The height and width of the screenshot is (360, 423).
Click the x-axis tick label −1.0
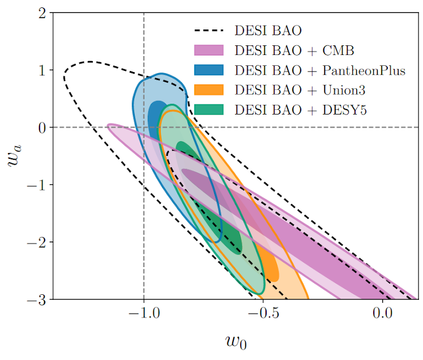[x=144, y=313]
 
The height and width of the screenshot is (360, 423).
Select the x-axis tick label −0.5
[x=263, y=313]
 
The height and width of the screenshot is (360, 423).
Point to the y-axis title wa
[x=14, y=156]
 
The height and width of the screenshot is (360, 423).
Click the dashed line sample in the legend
[x=209, y=30]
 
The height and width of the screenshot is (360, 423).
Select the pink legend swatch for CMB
[x=209, y=50]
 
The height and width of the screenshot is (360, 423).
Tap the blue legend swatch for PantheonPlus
[x=209, y=70]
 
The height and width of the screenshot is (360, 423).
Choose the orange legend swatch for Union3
[x=209, y=90]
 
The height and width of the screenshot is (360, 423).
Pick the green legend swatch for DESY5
[x=209, y=109]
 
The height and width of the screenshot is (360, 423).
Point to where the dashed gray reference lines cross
[x=144, y=128]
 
